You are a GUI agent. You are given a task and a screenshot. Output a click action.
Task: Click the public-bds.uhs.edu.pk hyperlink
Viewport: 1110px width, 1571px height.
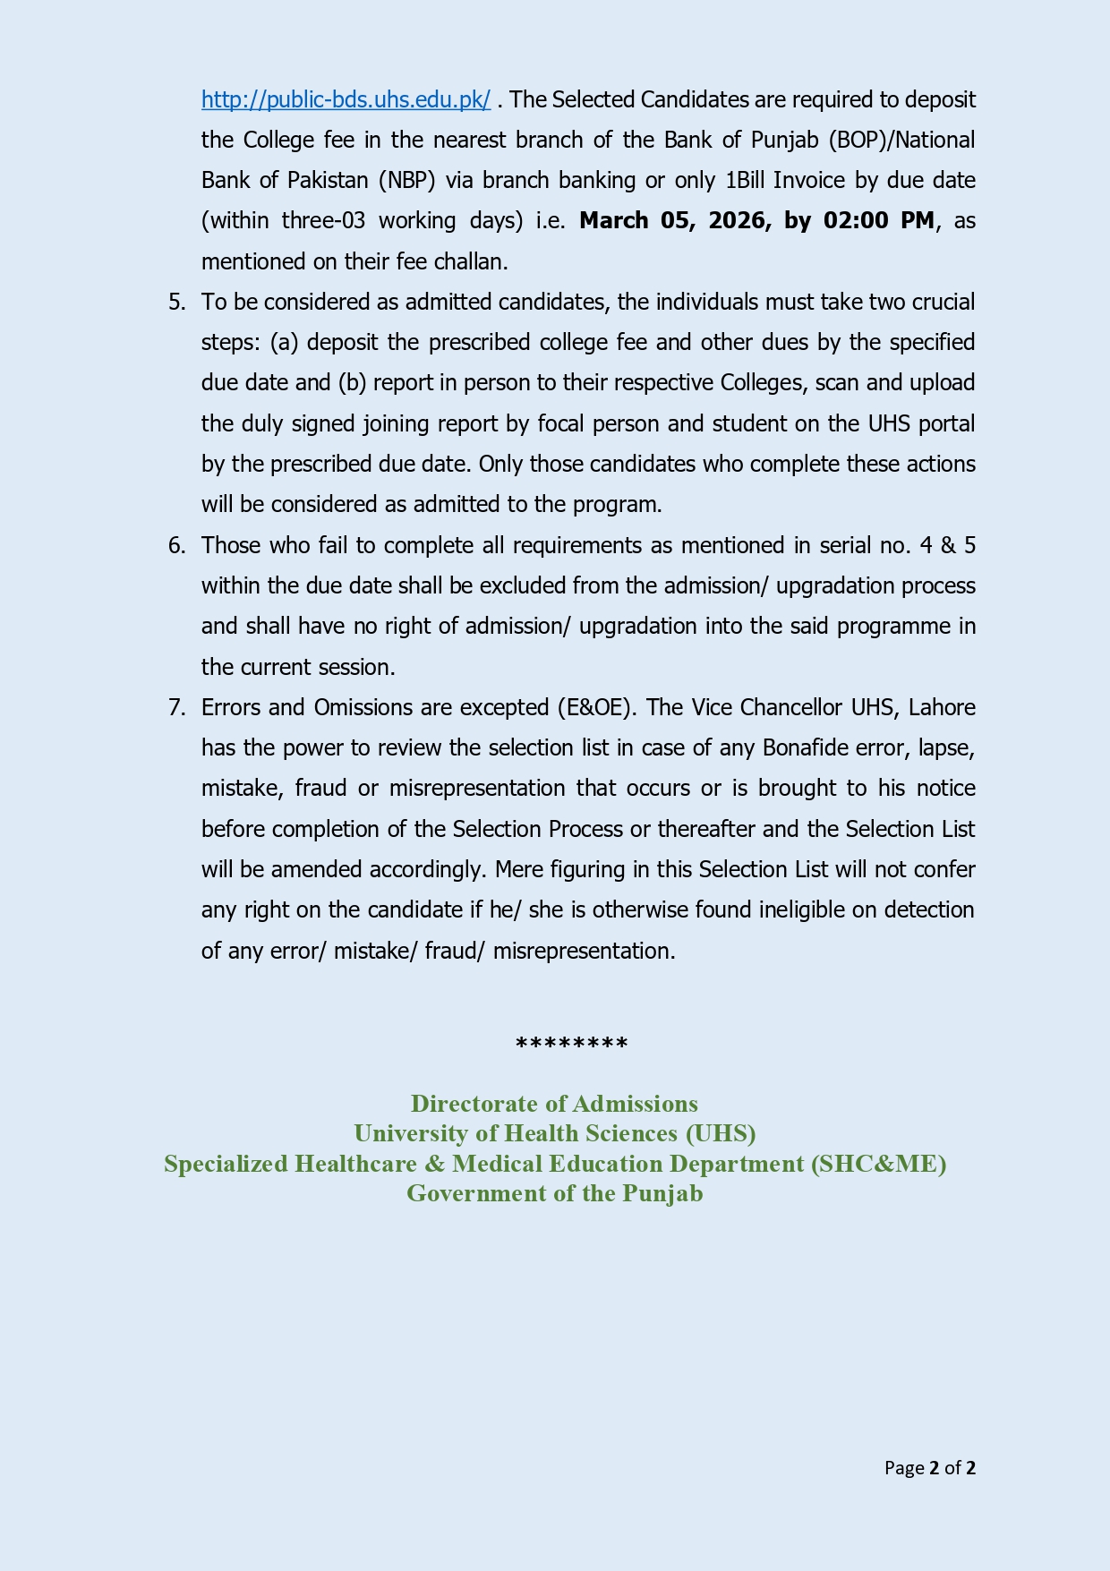point(346,99)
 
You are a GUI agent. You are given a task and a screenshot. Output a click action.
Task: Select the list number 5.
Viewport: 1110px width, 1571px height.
point(176,302)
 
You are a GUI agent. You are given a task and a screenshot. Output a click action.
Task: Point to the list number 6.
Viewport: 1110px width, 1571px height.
point(176,545)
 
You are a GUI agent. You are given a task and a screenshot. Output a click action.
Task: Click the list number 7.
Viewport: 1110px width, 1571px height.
point(176,707)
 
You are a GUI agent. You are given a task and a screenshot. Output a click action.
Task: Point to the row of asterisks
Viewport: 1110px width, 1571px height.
point(571,1044)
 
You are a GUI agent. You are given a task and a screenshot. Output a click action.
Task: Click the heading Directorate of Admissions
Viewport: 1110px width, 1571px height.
point(554,1103)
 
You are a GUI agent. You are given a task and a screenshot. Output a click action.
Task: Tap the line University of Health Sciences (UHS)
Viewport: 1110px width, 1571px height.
point(554,1133)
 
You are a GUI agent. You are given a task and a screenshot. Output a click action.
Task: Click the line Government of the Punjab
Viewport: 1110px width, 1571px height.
point(554,1193)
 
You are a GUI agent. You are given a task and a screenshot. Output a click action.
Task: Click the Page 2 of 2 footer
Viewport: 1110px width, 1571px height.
point(929,1468)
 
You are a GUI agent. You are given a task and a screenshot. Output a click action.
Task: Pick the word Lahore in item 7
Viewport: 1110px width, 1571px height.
point(941,707)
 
